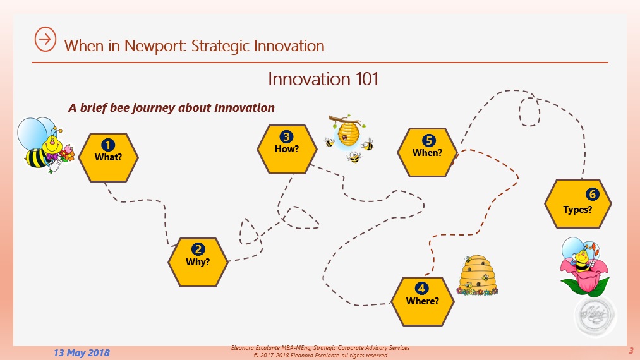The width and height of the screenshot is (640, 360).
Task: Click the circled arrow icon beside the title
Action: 45,39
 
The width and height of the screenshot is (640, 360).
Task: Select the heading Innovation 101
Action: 323,79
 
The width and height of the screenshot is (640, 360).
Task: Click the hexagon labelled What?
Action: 108,157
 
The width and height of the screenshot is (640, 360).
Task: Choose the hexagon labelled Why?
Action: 198,262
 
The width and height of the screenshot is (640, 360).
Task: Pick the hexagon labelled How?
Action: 287,149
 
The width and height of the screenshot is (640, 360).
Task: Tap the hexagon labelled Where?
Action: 423,301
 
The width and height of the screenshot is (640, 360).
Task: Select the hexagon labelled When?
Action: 427,152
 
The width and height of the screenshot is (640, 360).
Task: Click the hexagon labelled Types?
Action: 578,203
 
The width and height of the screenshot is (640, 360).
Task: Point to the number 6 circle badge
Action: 592,195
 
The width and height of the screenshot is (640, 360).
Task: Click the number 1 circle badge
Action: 108,145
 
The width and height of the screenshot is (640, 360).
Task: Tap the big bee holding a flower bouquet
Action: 45,145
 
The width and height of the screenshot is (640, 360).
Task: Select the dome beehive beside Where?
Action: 477,275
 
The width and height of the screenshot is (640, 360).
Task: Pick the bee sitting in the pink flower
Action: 584,266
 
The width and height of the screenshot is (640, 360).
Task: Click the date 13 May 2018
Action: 82,352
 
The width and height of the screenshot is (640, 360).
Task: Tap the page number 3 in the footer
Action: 631,350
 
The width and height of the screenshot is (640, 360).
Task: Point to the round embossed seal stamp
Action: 596,315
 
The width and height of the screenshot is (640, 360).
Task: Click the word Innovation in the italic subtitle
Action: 245,108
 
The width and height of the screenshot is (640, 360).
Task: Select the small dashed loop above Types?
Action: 529,111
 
